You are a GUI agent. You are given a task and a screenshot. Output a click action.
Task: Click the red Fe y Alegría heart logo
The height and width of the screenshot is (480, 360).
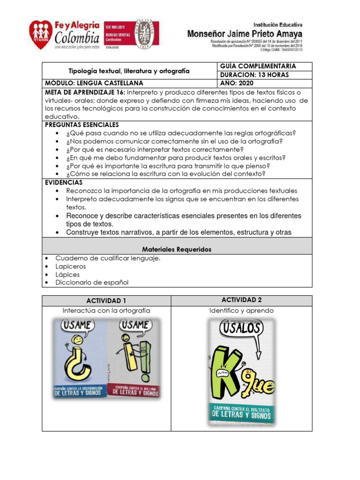click(x=41, y=35)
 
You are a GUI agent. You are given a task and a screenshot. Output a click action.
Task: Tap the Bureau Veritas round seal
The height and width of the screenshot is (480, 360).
click(x=146, y=34)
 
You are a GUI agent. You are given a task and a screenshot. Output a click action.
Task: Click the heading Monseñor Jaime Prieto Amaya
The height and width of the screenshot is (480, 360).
click(x=245, y=34)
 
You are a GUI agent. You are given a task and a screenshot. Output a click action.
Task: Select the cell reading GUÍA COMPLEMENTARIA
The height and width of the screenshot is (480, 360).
click(x=255, y=66)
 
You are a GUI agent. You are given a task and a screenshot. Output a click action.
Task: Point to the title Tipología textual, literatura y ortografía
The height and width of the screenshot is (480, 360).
click(x=129, y=71)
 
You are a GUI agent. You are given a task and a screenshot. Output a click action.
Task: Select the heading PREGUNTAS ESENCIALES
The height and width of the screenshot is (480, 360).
click(x=82, y=125)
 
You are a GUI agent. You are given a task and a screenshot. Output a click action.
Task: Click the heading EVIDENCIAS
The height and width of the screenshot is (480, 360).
click(x=64, y=182)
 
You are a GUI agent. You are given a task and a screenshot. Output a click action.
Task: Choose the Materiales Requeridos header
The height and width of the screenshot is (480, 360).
click(x=177, y=249)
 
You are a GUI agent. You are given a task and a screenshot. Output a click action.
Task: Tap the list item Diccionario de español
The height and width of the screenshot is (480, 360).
click(x=92, y=282)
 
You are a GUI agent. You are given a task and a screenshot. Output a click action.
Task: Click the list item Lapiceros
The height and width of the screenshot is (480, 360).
click(x=71, y=266)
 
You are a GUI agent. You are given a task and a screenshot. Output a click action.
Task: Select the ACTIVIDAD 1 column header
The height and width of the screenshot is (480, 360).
click(x=106, y=300)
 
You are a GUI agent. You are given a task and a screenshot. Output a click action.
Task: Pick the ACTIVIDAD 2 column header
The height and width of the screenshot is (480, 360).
click(x=241, y=300)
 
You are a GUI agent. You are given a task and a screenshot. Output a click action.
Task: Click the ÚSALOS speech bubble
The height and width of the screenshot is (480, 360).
click(x=241, y=328)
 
